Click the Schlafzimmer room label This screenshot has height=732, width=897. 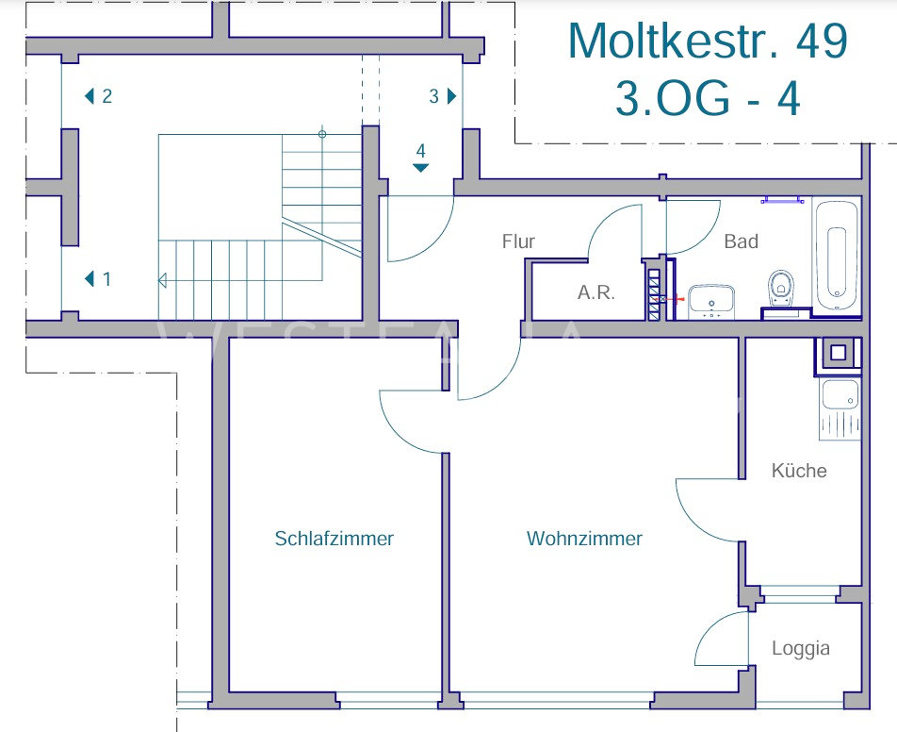coord(334,539)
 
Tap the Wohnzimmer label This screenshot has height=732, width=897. coord(584,539)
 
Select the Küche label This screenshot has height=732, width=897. coord(799,471)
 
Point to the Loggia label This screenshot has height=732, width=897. coord(800,648)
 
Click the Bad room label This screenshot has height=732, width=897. coord(741,241)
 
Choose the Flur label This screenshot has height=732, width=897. coord(518,241)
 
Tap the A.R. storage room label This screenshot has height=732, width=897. coord(596,292)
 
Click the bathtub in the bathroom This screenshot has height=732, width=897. coord(837,257)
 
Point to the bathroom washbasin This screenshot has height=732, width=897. coord(711,303)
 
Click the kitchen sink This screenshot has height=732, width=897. coord(840,394)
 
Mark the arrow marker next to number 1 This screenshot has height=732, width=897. coord(89,279)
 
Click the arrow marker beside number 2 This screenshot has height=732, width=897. coord(89,96)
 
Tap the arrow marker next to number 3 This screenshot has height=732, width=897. coord(452,96)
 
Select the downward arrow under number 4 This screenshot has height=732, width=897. coord(421,168)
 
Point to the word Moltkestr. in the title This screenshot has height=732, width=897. coord(674,41)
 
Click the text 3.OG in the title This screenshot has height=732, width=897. coord(673,98)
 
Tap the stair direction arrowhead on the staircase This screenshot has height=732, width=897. coord(162,281)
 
